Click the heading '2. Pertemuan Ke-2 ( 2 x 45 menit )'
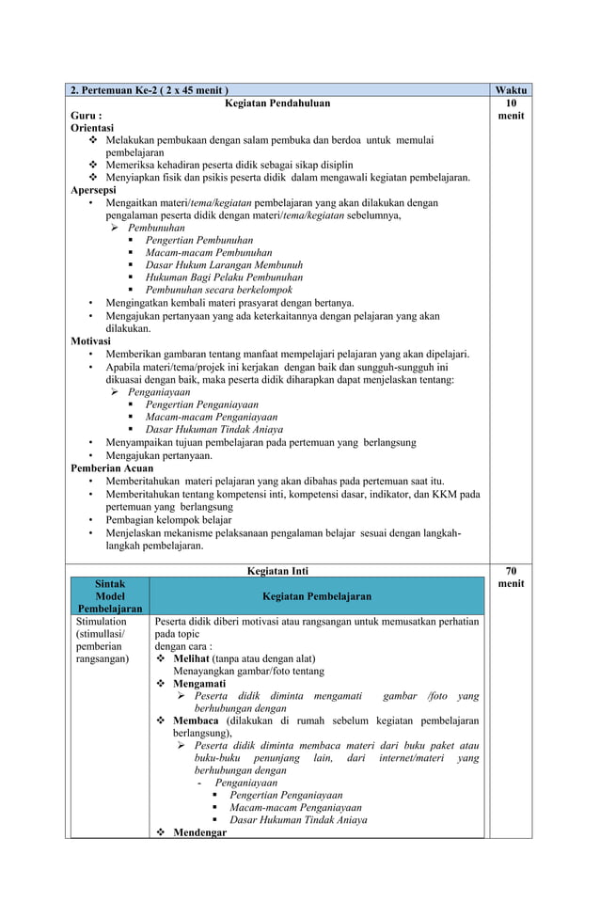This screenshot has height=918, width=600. [x=149, y=90]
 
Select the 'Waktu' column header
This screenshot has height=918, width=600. [x=511, y=90]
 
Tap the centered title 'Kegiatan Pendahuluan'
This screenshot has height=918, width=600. [x=276, y=103]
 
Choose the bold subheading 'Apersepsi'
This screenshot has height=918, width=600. [x=95, y=189]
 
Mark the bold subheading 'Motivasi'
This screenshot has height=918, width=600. [x=92, y=341]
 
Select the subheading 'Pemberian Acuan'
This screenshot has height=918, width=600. [x=112, y=467]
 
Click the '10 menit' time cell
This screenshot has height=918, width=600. [x=511, y=109]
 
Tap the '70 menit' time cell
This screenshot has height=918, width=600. [x=511, y=577]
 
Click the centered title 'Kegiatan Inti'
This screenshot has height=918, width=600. [x=276, y=570]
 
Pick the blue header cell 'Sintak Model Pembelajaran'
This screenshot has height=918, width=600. [x=110, y=596]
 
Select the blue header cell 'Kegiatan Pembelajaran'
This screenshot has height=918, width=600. [x=316, y=596]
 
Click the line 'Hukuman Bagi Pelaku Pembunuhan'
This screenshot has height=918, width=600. [x=224, y=277]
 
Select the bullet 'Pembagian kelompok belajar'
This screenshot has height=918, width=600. [x=168, y=519]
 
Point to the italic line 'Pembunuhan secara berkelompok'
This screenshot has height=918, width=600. [x=218, y=290]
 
